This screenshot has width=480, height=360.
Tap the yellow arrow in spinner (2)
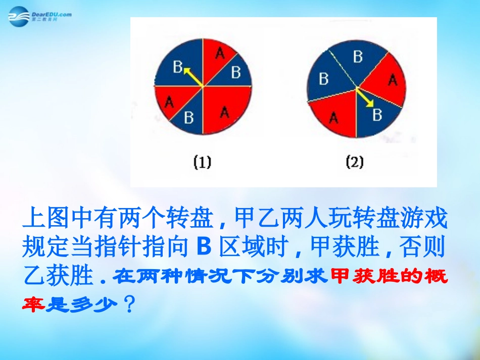(x=364, y=97)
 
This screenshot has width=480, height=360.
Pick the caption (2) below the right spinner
(x=354, y=163)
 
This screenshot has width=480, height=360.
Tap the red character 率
(x=34, y=305)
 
